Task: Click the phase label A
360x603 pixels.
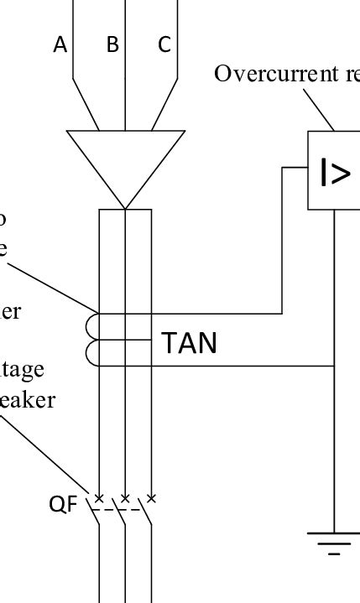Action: [x=60, y=45]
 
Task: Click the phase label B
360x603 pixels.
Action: [x=112, y=45]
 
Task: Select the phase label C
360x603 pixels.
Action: [x=164, y=45]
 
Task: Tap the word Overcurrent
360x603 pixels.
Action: [x=263, y=74]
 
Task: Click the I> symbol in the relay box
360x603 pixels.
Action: [x=335, y=173]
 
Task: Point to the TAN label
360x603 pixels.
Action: [x=189, y=343]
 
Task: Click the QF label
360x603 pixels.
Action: [x=63, y=503]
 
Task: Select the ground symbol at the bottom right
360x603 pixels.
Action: [x=334, y=543]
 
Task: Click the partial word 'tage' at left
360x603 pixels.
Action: [x=22, y=370]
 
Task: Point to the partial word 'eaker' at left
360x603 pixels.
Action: [x=27, y=400]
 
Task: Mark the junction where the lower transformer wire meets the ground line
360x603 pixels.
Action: [x=334, y=366]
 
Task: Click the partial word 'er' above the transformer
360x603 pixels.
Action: [x=11, y=311]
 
